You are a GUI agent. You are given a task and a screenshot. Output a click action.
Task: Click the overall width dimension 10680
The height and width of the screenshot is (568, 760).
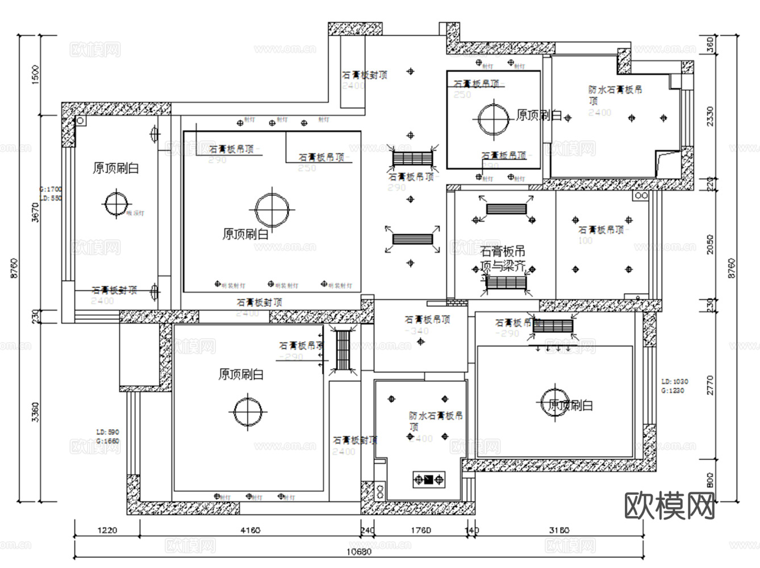[x=359, y=552]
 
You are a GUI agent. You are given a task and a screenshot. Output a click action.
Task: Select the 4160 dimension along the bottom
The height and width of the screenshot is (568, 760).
[x=250, y=531]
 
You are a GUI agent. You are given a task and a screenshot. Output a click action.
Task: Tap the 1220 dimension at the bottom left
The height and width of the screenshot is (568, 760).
[x=107, y=531]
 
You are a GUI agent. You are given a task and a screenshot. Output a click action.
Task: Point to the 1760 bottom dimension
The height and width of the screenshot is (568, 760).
[x=421, y=531]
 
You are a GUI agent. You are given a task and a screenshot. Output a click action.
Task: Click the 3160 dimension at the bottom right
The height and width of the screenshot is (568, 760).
[x=559, y=531]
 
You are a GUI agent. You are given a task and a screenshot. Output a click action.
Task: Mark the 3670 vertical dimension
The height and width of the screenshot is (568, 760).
[x=36, y=212]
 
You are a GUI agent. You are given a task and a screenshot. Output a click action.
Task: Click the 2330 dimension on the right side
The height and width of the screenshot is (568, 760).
[x=710, y=116]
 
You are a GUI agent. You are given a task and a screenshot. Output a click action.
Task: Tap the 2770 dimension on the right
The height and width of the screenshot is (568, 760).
[x=710, y=385]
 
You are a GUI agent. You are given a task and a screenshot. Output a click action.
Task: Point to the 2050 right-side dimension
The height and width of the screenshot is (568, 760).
[x=710, y=244]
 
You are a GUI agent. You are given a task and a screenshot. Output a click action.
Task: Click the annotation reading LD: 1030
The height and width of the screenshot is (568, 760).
[x=675, y=382]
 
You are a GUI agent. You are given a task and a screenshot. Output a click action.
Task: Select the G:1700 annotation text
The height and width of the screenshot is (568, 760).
[x=51, y=189]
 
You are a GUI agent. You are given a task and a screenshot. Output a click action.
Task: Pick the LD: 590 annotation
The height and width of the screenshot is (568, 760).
[x=107, y=432]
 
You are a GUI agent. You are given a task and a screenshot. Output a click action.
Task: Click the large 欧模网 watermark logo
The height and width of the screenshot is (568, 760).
[x=670, y=505]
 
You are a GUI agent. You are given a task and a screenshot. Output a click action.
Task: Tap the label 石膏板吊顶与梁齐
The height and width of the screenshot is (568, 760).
[x=503, y=258]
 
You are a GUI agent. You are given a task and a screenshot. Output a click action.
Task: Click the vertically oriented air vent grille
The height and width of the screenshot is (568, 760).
[x=343, y=350]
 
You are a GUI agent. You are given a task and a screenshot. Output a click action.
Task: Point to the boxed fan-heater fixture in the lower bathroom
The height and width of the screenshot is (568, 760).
[x=429, y=479]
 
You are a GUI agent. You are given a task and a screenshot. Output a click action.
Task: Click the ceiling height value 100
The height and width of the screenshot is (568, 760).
[x=585, y=241]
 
